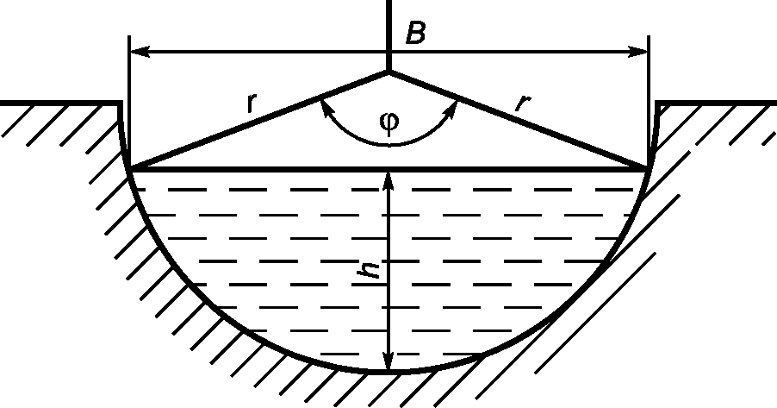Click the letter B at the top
416,35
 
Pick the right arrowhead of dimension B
637,52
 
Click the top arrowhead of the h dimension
389,179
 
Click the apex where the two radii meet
388,72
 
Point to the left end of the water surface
129,169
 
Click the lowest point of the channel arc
389,373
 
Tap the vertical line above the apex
388,26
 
